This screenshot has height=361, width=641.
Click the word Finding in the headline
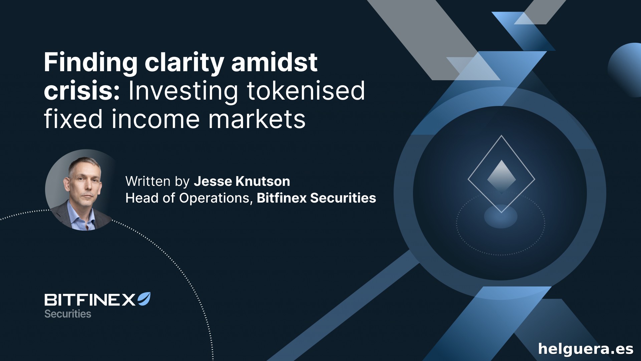tap(90, 63)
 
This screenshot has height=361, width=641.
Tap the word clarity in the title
tap(184, 63)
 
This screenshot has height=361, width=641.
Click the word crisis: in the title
tap(82, 91)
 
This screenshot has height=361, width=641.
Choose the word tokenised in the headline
tap(306, 91)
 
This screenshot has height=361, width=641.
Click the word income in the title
tap(156, 119)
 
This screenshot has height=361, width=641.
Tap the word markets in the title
tap(257, 119)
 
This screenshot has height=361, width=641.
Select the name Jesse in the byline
tap(213, 182)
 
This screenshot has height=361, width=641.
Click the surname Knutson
tap(263, 182)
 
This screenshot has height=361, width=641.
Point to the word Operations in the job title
tap(214, 198)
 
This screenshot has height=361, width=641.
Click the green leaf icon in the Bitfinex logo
tap(144, 299)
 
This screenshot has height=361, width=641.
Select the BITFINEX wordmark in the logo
tap(90, 300)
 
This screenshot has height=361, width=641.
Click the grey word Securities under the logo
tap(68, 314)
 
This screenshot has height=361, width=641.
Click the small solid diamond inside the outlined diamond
tap(501, 176)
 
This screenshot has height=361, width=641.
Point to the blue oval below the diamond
tap(501, 216)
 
